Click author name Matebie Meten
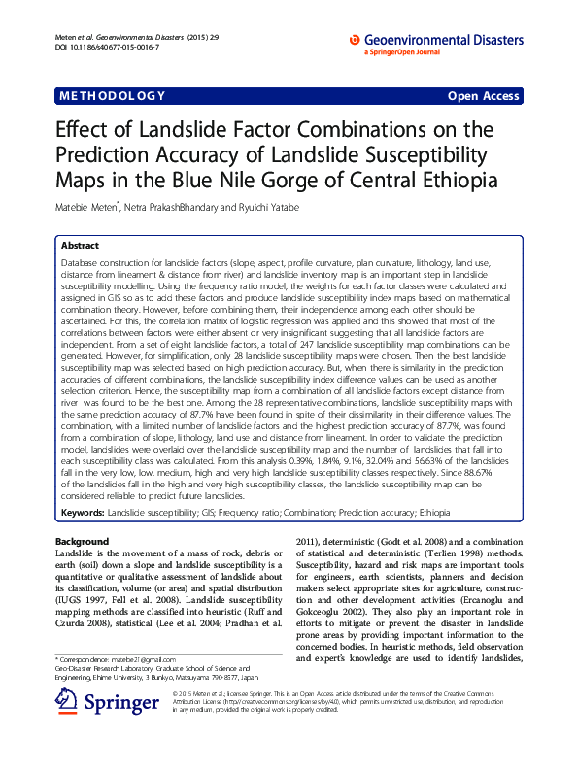coord(88,207)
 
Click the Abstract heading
coord(81,247)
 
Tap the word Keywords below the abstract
coord(83,511)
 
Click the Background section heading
coord(82,541)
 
